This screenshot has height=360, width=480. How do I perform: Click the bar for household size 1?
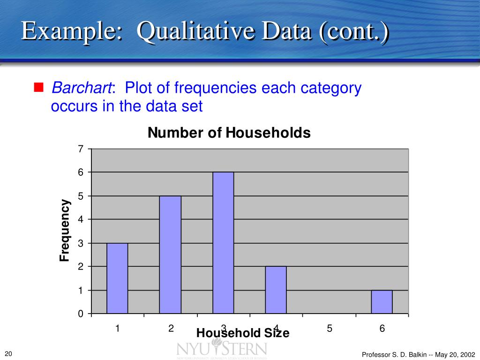117,278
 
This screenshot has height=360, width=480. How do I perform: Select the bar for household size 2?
170,255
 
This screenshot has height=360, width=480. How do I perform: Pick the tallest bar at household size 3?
223,243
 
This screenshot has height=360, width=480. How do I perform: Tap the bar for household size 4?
276,290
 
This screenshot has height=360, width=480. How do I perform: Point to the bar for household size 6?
382,301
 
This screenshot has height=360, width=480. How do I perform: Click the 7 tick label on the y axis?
80,149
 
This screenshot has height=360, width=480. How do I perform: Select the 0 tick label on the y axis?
80,314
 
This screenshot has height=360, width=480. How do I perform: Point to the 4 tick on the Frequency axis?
80,219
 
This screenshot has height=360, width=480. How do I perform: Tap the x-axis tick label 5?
330,329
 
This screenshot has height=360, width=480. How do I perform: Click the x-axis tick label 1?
118,329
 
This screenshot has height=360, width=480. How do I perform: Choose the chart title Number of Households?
229,133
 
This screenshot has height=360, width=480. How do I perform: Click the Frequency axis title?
64,231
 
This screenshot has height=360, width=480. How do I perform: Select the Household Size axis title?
243,333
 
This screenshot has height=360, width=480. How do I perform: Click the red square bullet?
38,87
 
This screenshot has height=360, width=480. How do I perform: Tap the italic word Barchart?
82,88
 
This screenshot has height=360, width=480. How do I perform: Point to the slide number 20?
8,353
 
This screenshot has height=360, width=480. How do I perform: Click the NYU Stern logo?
222,350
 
